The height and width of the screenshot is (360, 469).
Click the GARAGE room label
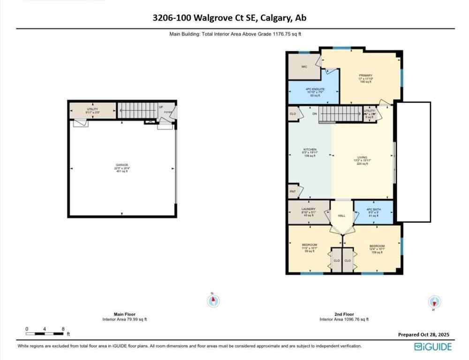pos(122,165)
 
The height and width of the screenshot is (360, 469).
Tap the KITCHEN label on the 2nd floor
pos(310,150)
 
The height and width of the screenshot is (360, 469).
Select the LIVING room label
pos(362,157)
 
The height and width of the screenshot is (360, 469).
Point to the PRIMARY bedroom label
pos(365,75)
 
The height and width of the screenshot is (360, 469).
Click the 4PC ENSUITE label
pos(313,89)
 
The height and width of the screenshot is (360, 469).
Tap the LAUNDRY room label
pos(309,209)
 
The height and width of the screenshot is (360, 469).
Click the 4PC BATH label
pos(373,209)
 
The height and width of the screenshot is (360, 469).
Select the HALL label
pos(341,216)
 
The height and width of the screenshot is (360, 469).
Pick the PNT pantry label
pos(293,191)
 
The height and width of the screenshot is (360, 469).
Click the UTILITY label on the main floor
pos(92,109)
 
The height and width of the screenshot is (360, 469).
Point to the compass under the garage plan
pos(213,300)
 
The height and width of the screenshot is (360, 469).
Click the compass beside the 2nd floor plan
pos(434,301)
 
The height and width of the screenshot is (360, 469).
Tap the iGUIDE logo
pos(433,347)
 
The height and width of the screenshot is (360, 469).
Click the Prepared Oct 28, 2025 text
pos(424,335)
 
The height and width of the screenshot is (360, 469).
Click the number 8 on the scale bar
pos(63,329)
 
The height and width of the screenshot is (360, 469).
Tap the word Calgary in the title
pos(272,18)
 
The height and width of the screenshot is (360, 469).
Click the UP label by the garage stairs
pos(161,107)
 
